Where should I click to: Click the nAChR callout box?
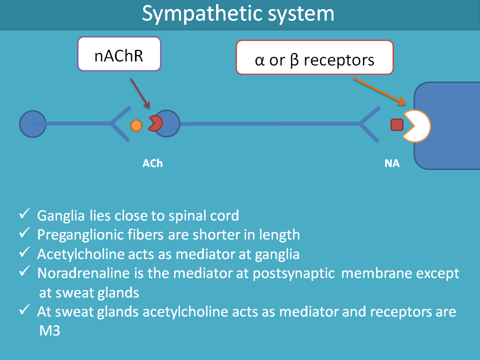[119, 53]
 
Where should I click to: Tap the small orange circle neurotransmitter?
[136, 125]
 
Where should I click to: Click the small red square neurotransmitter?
[397, 124]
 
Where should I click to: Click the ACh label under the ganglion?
[152, 163]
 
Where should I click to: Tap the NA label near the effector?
[392, 163]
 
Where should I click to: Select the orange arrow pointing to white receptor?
[378, 91]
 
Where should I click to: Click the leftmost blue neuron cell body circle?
[32, 123]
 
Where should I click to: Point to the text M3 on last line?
[49, 331]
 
